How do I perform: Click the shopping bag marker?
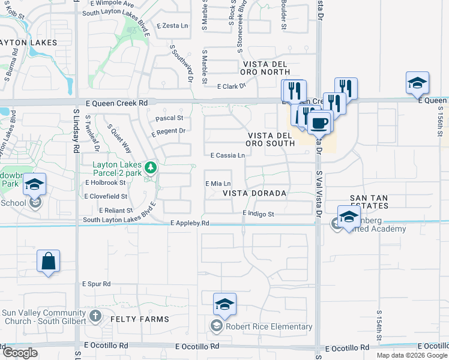click(48, 262)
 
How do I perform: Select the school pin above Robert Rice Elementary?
click(224, 304)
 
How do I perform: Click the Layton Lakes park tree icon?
click(152, 166)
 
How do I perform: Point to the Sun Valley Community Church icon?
click(95, 315)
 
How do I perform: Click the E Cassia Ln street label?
click(228, 155)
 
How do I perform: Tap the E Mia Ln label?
click(218, 184)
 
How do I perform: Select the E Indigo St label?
click(258, 214)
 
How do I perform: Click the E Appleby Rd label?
click(190, 223)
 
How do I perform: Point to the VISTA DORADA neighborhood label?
click(255, 194)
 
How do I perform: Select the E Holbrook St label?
click(106, 182)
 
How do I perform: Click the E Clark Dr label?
click(232, 86)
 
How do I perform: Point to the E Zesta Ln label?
click(172, 26)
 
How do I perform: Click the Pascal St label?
click(169, 118)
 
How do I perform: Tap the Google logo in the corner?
click(20, 352)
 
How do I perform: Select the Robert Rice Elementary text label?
click(269, 326)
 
